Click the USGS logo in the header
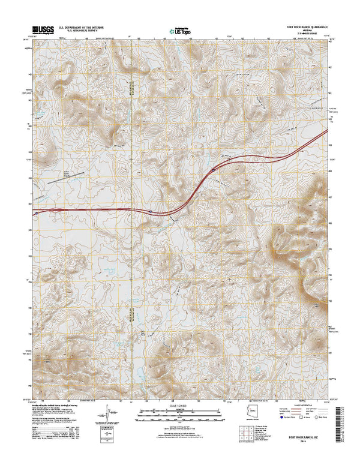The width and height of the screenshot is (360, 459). (x=40, y=28)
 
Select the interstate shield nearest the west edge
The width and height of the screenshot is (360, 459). (x=37, y=212)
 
